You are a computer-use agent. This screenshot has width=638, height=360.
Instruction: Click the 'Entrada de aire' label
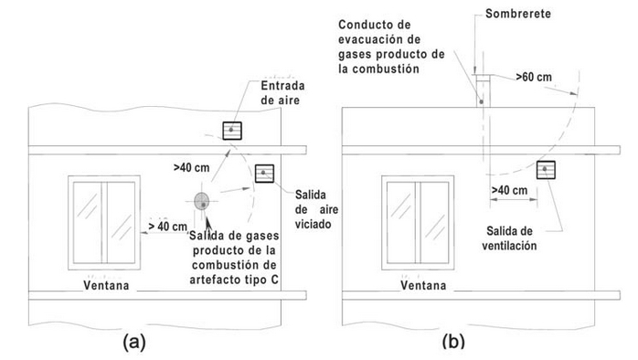click(282, 93)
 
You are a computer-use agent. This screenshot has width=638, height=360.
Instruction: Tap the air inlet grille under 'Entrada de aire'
click(232, 131)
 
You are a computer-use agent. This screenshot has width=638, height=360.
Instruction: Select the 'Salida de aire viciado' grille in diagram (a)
click(264, 174)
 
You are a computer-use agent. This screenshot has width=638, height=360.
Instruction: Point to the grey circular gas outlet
click(201, 201)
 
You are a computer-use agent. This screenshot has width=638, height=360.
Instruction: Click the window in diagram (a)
click(104, 223)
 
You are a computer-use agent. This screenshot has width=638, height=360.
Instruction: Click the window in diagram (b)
click(418, 223)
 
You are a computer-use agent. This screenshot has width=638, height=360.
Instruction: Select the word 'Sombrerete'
click(518, 14)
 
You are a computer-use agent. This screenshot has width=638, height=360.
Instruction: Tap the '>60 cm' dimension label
click(534, 77)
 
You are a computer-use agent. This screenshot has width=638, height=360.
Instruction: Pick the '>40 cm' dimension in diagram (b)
click(509, 190)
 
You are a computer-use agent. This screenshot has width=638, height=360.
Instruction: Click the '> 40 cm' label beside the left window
click(167, 227)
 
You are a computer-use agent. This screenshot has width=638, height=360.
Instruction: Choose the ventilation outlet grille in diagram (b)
click(546, 170)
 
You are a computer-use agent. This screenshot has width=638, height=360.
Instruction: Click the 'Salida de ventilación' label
click(509, 238)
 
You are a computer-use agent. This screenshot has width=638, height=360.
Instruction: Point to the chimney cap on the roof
click(483, 76)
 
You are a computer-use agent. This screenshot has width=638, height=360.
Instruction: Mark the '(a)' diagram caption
click(134, 342)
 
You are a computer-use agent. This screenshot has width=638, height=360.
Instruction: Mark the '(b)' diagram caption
click(453, 342)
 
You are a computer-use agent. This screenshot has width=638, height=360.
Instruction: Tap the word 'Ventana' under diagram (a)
click(106, 285)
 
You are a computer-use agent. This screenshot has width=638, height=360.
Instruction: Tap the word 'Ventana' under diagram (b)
click(423, 285)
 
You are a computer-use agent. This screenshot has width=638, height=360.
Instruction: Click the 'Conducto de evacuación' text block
click(391, 47)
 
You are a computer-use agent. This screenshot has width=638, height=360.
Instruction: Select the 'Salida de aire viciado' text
click(316, 209)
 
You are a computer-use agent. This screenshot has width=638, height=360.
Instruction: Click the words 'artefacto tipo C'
click(234, 280)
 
